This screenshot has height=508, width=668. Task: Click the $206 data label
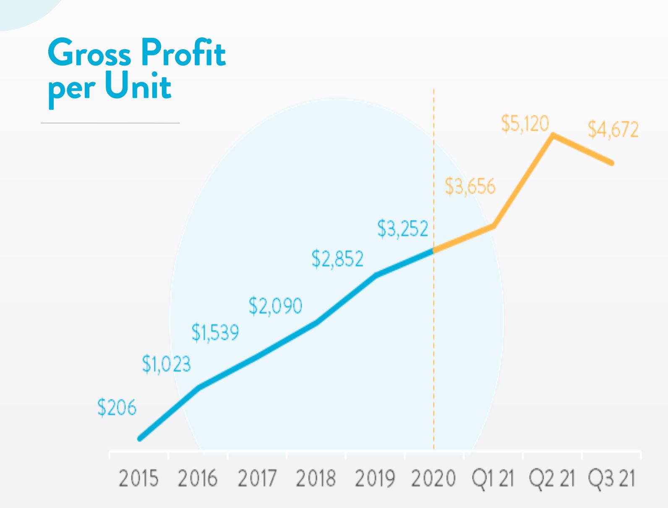tap(117, 408)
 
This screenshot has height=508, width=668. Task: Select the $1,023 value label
tap(166, 364)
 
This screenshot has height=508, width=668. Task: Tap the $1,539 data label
tap(215, 333)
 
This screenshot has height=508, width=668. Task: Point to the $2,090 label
tap(275, 306)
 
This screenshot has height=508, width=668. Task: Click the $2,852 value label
tap(337, 259)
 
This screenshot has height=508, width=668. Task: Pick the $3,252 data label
tap(403, 229)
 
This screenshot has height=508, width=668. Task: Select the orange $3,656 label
tap(470, 186)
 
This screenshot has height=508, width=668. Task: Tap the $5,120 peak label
tap(525, 124)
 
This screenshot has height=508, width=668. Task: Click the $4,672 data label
tap(613, 129)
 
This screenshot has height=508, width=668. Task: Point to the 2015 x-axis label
tap(139, 479)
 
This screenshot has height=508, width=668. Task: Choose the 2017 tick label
tap(257, 479)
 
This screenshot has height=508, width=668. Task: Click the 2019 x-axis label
tap(375, 479)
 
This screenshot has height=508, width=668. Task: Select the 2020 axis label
tap(433, 479)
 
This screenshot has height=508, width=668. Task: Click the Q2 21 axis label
tap(551, 479)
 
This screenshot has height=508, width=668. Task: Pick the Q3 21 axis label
tap(611, 479)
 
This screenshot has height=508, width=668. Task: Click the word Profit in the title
tap(183, 53)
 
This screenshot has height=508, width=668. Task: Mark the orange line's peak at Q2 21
tap(553, 135)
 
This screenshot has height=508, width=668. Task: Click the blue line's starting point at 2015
tap(140, 439)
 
